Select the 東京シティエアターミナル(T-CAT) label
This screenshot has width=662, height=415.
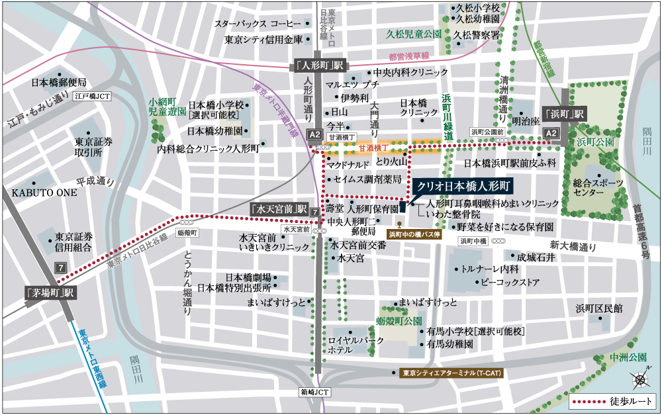pos(452,373)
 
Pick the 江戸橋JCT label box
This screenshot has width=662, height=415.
pos(93,96)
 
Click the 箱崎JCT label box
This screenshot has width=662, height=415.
pos(314,392)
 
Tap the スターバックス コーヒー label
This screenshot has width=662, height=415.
pos(257,24)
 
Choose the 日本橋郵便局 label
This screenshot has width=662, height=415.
pos(59,83)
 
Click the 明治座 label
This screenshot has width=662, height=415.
pos(526,121)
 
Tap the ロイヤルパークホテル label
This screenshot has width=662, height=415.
pos(356,345)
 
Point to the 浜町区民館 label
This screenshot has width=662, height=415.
pos(599,308)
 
